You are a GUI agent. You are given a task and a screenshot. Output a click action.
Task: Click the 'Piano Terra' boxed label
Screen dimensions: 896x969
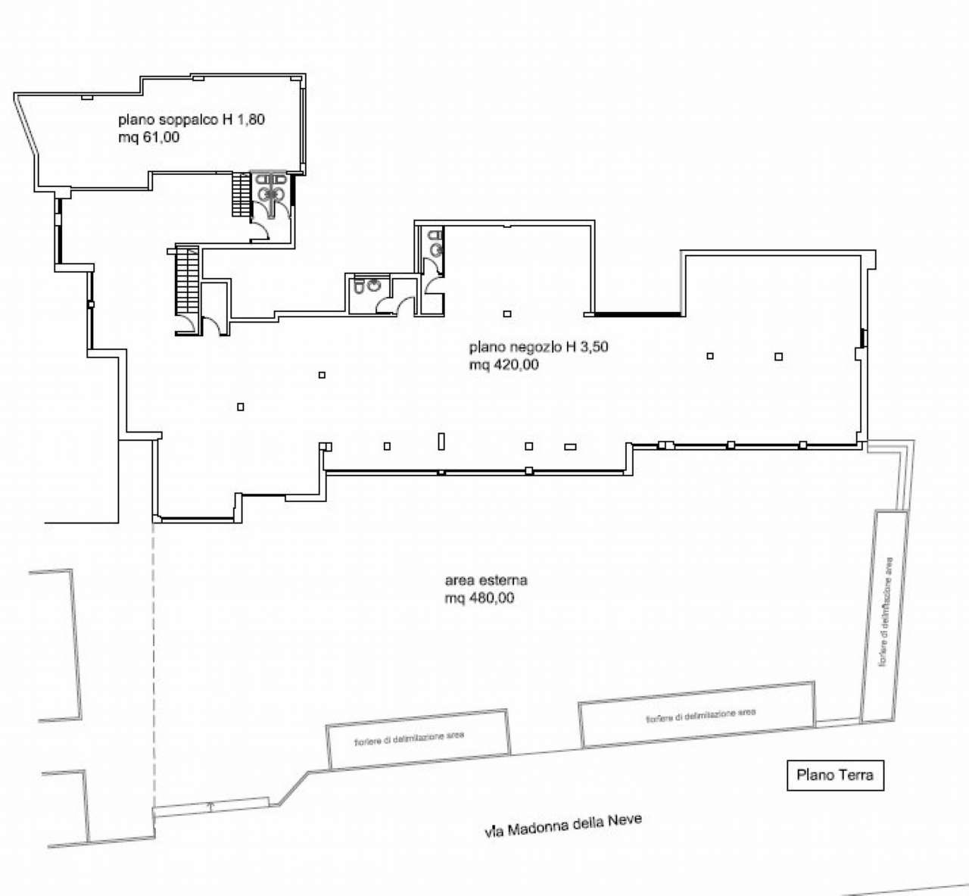tap(835, 775)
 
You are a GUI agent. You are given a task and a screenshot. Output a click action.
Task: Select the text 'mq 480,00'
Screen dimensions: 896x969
tap(479, 598)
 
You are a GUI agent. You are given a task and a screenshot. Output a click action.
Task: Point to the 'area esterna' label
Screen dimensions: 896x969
tap(486, 580)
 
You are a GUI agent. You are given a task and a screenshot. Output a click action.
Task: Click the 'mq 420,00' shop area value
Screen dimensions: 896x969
tap(503, 364)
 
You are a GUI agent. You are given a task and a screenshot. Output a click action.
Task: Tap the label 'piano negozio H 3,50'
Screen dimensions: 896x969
tap(538, 347)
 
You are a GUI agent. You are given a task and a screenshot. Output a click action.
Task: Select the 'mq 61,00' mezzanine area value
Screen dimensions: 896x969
tap(149, 137)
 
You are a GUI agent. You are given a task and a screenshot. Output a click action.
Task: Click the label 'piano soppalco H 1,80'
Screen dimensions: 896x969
tap(192, 120)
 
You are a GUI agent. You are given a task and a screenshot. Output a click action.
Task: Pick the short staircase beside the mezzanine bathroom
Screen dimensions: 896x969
tap(241, 195)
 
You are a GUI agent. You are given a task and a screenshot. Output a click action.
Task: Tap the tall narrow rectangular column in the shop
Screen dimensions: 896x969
tap(441, 441)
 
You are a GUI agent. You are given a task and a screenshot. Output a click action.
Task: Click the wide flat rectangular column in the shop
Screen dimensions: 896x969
tap(570, 447)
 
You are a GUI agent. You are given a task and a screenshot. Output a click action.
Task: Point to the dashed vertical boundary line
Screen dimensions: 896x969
tap(154, 667)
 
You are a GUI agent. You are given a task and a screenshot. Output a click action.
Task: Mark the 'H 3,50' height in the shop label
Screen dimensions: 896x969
tap(587, 347)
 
